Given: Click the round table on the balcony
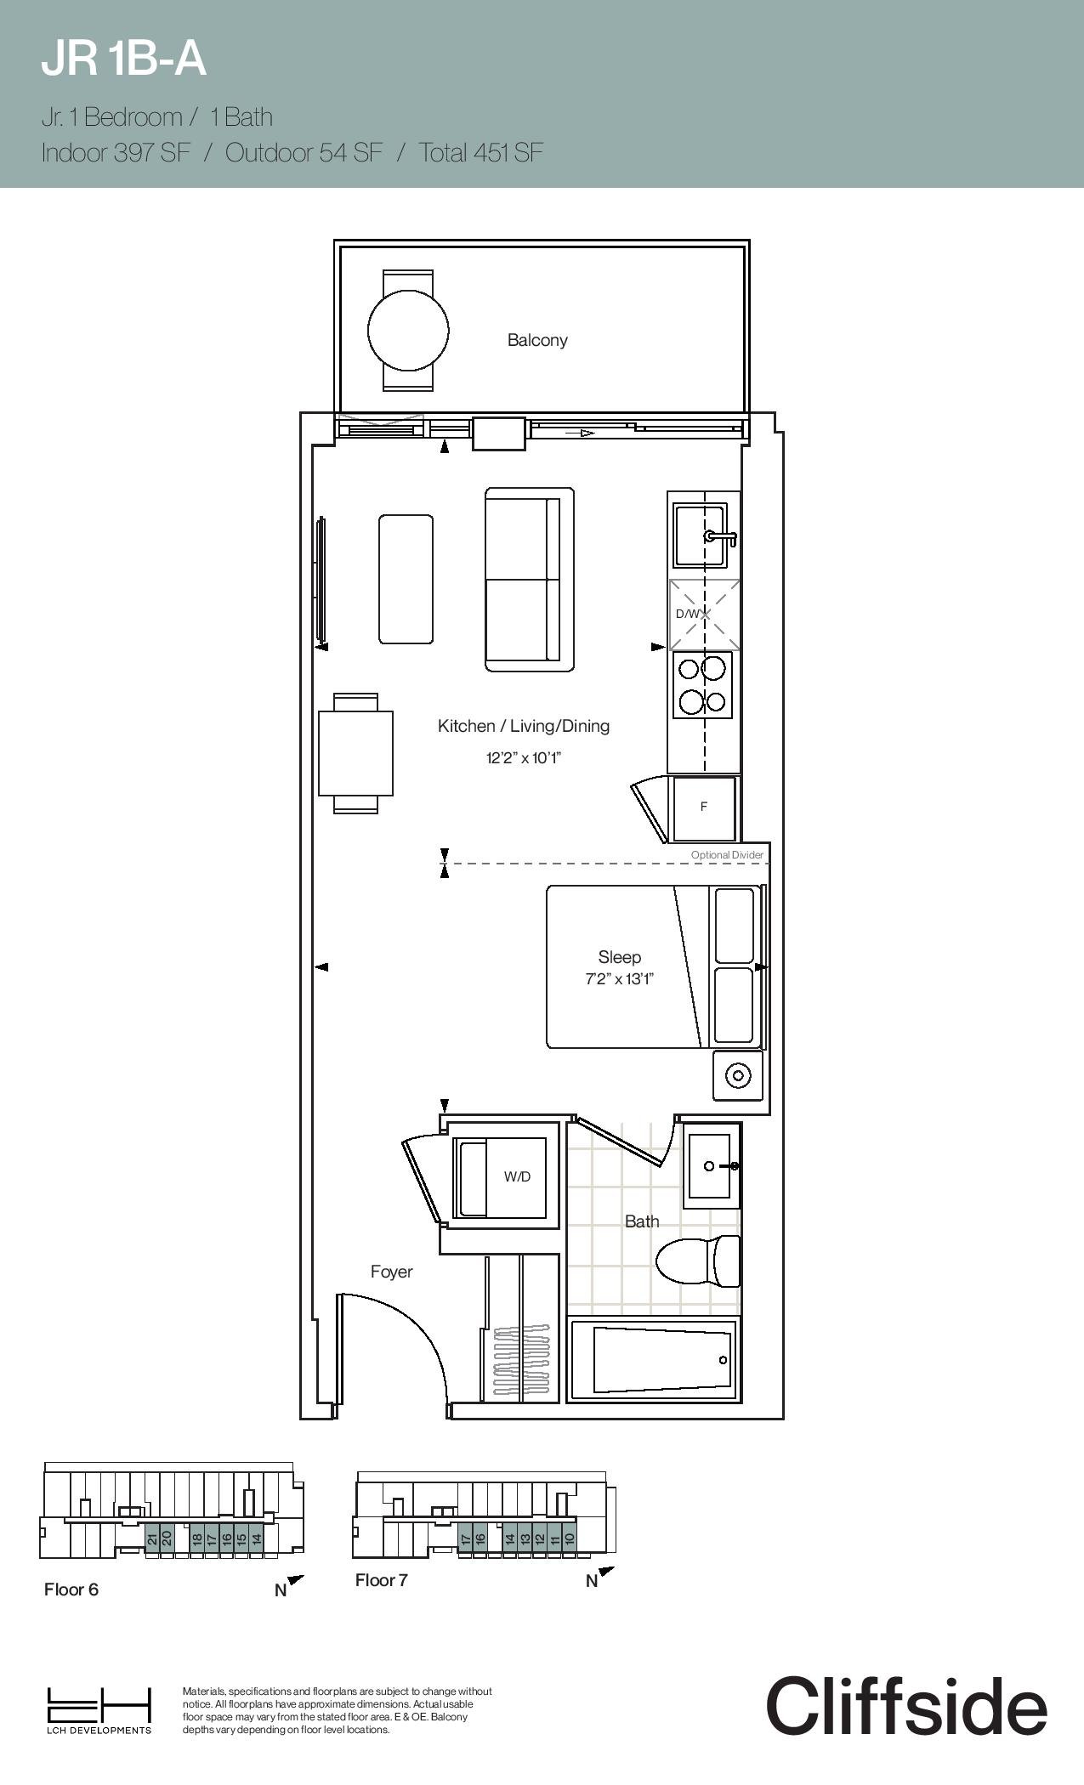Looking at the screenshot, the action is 408,330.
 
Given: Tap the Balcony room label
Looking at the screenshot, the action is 537,340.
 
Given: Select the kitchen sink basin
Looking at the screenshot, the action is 700,535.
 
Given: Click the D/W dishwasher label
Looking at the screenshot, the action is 688,614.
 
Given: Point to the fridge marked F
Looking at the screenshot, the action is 704,807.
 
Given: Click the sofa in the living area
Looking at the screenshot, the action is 530,580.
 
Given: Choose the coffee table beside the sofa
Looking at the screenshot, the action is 406,579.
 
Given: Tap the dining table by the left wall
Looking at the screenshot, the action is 356,753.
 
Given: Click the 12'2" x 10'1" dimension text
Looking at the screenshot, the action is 524,757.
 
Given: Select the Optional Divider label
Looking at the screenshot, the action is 727,855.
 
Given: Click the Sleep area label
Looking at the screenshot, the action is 619,957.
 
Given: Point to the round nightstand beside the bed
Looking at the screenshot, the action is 738,1075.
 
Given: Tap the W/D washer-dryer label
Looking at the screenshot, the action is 517,1176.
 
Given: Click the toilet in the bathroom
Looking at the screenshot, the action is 698,1261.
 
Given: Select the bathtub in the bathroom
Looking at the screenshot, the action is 652,1360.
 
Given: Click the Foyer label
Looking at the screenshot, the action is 392,1272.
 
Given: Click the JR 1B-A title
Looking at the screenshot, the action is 124,59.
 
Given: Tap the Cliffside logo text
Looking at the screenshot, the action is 906,1707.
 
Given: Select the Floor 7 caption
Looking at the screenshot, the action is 382,1580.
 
